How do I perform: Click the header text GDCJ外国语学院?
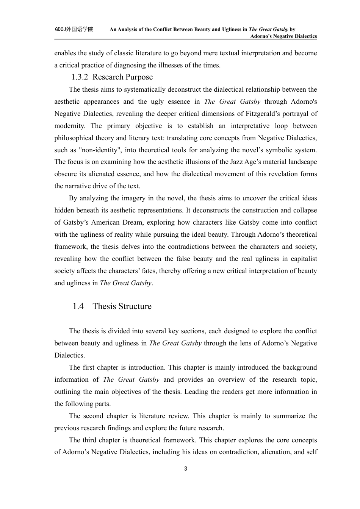tap(74, 29)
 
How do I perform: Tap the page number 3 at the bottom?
tap(185, 469)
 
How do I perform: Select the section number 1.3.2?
tap(80, 77)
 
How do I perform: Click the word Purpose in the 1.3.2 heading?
tap(139, 77)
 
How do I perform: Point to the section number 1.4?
tap(78, 306)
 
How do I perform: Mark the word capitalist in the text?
tap(303, 259)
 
